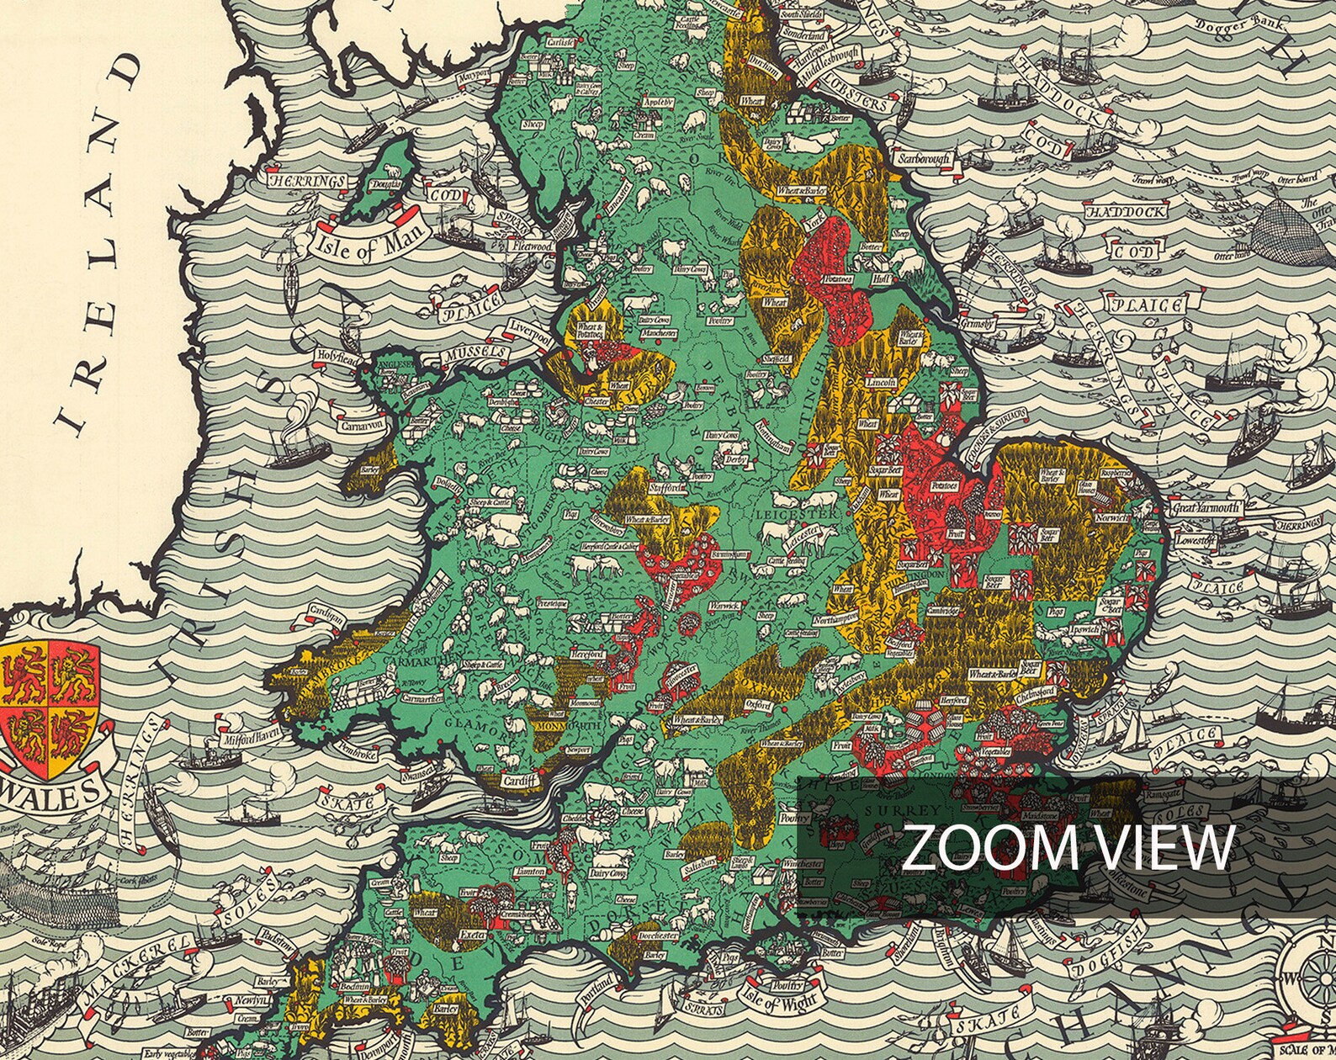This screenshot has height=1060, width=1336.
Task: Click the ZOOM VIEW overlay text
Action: (1068, 848)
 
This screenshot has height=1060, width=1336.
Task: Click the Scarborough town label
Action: (924, 158)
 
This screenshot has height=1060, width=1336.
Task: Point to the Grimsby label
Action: (979, 324)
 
